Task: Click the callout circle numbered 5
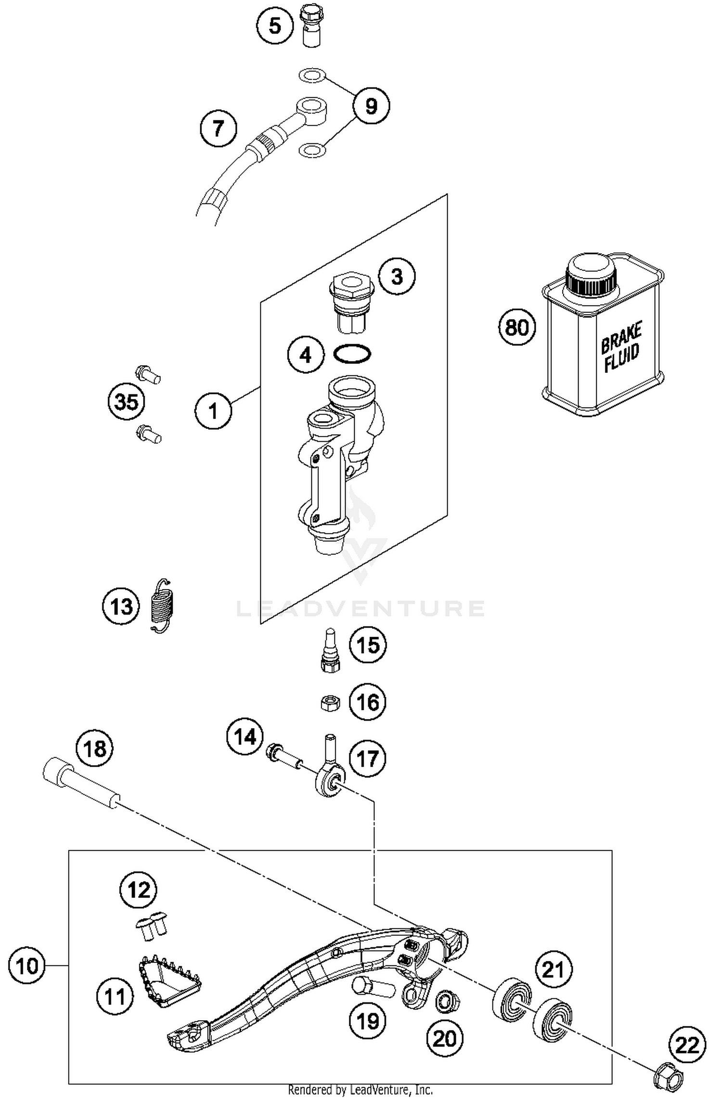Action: pos(274,26)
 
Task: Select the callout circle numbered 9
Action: pos(371,105)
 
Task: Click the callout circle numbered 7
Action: pos(219,128)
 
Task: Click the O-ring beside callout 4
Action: pos(352,354)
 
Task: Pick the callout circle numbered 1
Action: pos(213,410)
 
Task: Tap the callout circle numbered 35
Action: pos(127,401)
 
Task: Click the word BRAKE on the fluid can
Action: pos(621,337)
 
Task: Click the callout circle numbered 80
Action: pos(517,327)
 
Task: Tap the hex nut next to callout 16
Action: pos(330,703)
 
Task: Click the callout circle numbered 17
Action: pos(368,759)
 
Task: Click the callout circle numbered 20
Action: pos(444,1038)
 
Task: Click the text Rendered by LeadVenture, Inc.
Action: pos(360,1090)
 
